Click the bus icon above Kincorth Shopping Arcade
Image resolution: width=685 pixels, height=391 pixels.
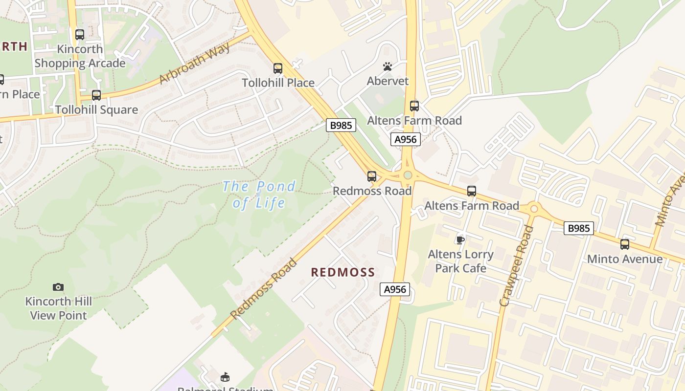point(80,35)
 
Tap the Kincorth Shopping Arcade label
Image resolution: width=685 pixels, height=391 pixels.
point(80,56)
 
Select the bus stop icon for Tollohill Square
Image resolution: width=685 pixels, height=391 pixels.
point(96,95)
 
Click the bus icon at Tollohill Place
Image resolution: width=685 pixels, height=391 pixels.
point(278,68)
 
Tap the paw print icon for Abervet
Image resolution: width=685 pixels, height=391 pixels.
point(388,66)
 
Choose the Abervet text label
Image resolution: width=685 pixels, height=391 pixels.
point(388,81)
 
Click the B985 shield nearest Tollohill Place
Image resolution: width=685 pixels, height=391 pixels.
point(341,125)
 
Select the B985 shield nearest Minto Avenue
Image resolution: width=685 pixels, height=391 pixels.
point(578,228)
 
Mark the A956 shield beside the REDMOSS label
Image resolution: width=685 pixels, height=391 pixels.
point(395,289)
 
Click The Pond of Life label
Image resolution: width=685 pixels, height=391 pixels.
point(259,194)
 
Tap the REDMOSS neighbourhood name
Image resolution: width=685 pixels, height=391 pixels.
point(343,272)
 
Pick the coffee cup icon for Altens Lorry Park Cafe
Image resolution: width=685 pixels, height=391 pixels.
point(460,239)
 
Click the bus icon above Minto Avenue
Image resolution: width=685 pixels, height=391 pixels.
point(625,244)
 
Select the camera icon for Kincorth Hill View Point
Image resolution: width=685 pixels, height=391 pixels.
point(58,287)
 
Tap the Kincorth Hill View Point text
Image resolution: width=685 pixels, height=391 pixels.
point(58,308)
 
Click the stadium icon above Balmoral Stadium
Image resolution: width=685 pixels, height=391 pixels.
point(225,377)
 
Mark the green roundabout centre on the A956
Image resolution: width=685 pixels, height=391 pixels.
point(408,175)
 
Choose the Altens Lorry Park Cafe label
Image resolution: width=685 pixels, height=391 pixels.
point(460,261)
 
